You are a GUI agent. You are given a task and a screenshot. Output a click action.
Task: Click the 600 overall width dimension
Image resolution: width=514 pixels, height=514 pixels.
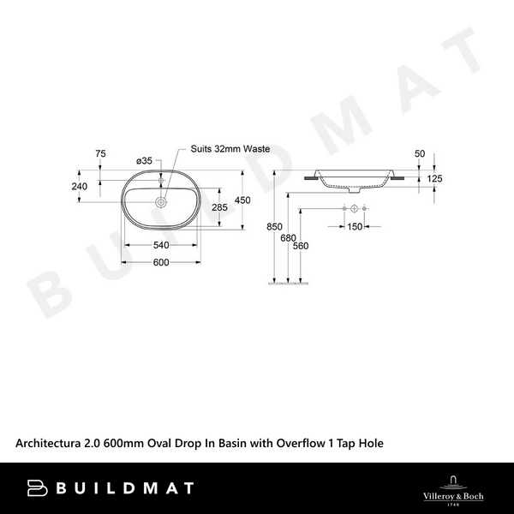(x=159, y=262)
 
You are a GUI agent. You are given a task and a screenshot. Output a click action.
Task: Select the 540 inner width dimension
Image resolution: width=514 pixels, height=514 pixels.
(x=159, y=244)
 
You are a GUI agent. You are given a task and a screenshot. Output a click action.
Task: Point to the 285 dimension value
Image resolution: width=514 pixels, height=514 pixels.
(x=219, y=207)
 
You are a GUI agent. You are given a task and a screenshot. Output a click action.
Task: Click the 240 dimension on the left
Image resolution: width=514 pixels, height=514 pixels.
(x=80, y=185)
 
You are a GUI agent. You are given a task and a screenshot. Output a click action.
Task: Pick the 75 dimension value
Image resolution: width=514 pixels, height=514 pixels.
(x=100, y=153)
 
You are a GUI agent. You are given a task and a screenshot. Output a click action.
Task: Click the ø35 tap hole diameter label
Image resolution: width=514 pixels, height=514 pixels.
(x=144, y=160)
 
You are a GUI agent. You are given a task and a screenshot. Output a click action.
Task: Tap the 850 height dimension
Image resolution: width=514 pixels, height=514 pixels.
(x=273, y=227)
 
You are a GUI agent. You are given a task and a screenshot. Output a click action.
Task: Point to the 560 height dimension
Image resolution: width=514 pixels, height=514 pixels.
(x=300, y=246)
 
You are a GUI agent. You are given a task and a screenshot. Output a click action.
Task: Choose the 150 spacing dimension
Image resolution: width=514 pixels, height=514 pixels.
(x=354, y=226)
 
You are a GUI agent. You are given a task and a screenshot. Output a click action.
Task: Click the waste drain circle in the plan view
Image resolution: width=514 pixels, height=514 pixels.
(x=160, y=203)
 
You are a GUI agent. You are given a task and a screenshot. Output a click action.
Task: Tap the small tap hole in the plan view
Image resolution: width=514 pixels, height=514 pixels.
(x=160, y=181)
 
